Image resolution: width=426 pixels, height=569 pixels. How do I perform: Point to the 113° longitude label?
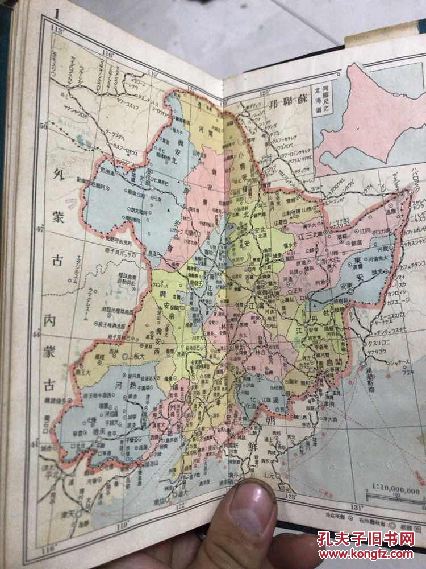57,30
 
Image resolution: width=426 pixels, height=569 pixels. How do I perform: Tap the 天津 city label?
82,522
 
